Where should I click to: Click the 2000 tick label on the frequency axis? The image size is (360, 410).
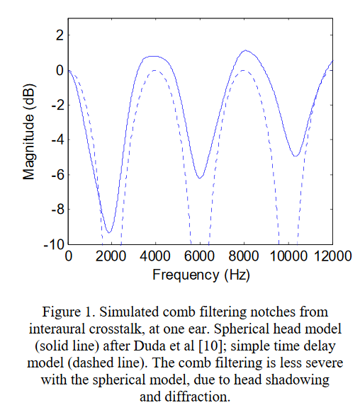tap(111, 256)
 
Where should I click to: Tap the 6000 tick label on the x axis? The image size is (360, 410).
tap(199, 256)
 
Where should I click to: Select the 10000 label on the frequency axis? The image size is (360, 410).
tap(288, 256)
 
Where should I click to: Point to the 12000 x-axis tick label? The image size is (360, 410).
tap(332, 256)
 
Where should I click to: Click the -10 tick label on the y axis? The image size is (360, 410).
tap(54, 245)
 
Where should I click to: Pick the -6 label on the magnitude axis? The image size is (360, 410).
tap(58, 175)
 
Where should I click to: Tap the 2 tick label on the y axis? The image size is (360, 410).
tap(60, 35)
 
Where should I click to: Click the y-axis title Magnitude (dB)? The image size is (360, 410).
tap(28, 132)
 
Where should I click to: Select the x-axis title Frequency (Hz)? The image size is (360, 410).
tap(201, 275)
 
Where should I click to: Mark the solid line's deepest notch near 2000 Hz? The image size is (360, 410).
tap(109, 232)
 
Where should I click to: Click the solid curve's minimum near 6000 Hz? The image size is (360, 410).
tap(199, 178)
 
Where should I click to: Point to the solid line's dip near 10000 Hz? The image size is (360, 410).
tap(296, 156)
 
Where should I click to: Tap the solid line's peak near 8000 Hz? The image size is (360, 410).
tap(246, 50)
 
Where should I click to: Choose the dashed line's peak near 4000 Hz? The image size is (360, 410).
tap(154, 70)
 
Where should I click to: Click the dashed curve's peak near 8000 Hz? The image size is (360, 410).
tap(244, 70)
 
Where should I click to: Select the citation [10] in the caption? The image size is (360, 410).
tap(209, 346)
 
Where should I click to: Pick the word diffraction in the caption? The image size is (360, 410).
tap(198, 397)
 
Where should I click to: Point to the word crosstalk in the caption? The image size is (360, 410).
tap(118, 329)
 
